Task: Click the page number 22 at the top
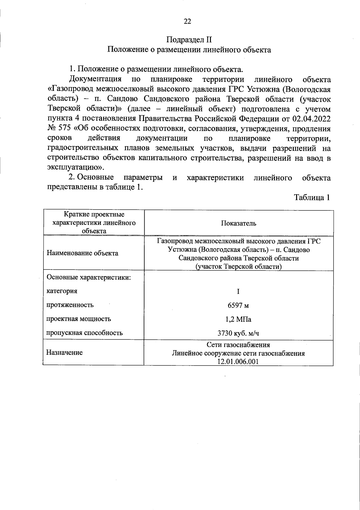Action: (x=187, y=21)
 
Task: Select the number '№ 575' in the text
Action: (x=59, y=129)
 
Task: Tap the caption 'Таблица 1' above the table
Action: (x=312, y=198)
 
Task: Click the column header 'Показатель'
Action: (x=238, y=223)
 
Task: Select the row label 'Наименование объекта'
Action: (x=82, y=253)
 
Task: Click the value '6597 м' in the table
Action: (x=238, y=306)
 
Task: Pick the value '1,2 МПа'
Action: (x=238, y=319)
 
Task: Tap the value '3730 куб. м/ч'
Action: (x=238, y=333)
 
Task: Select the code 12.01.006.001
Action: (x=238, y=361)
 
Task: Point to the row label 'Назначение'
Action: (x=64, y=353)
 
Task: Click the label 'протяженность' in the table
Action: (x=70, y=305)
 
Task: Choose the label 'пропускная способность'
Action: (x=84, y=333)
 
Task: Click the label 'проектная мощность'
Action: (x=78, y=319)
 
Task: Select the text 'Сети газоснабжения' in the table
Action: (x=238, y=344)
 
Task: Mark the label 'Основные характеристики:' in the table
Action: (x=88, y=277)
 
